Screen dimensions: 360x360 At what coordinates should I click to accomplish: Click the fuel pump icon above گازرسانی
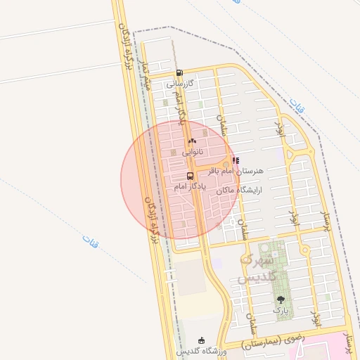[x=180, y=72]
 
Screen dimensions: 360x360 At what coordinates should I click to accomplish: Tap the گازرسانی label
[x=180, y=83]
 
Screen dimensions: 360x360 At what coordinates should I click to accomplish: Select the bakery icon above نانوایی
[x=192, y=141]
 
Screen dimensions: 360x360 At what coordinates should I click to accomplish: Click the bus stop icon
[x=190, y=176]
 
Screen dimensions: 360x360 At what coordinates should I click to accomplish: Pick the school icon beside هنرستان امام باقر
[x=236, y=160]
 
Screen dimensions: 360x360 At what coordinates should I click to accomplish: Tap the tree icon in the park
[x=281, y=300]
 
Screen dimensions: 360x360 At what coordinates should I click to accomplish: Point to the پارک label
[x=281, y=309]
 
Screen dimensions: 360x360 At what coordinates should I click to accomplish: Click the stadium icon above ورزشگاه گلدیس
[x=202, y=340]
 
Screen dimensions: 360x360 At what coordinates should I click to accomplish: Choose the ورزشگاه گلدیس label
[x=200, y=351]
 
